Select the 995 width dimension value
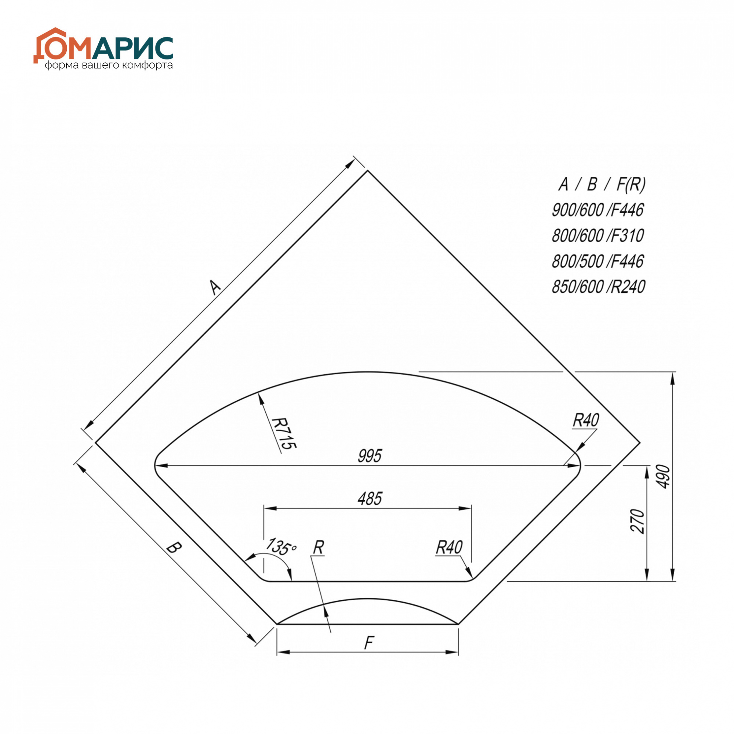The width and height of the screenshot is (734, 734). tap(369, 456)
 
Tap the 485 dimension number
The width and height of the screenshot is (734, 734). tap(370, 499)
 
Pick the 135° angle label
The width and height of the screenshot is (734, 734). tap(280, 546)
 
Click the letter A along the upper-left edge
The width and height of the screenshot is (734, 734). tap(215, 287)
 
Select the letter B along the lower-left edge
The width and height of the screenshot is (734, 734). tap(174, 548)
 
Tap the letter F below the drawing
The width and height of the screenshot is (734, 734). tap(369, 643)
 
